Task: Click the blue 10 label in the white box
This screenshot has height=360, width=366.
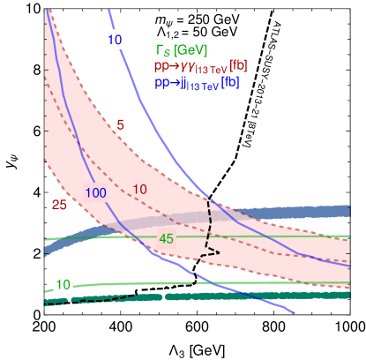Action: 115,41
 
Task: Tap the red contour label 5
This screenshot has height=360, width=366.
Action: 121,124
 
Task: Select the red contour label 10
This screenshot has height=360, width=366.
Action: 139,189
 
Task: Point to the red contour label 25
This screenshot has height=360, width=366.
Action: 59,205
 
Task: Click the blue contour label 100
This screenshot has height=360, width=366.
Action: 97,193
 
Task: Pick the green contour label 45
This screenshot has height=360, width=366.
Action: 166,238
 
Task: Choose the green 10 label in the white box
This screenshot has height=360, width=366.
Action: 62,284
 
